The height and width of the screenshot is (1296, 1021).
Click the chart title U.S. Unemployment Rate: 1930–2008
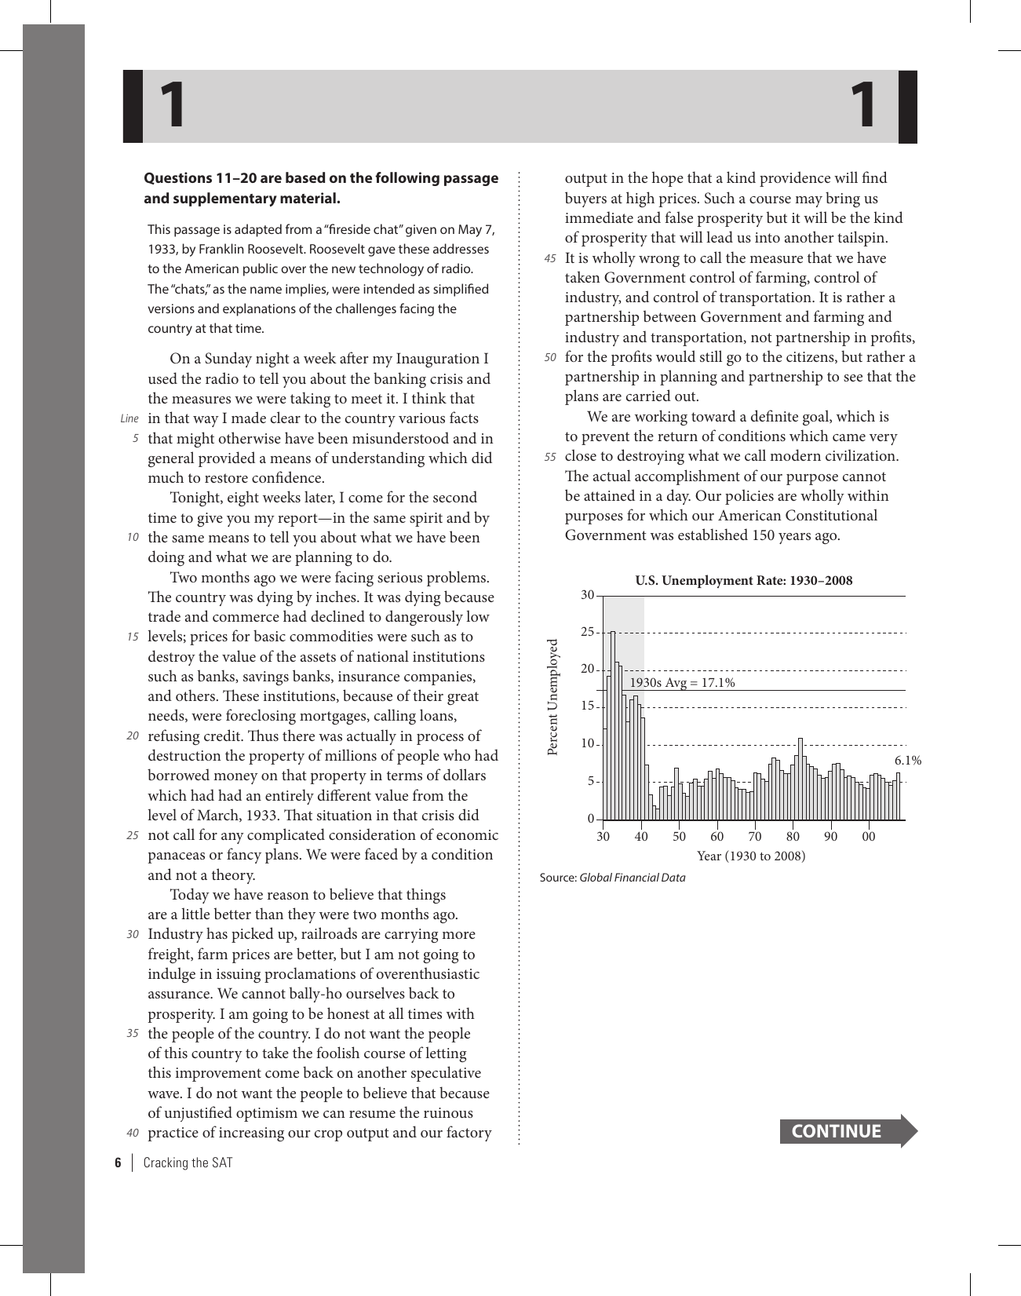pos(743,581)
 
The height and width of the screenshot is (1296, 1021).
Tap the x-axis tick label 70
pos(755,837)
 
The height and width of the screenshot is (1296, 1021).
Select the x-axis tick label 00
pos(868,837)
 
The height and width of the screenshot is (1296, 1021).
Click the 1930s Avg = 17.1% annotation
pos(682,683)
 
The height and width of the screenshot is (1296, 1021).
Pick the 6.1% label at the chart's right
pos(907,761)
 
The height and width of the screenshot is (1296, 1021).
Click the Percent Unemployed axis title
pos(552,697)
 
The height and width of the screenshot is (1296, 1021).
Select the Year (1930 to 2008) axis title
pos(751,856)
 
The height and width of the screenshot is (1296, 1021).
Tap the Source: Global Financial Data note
pos(612,878)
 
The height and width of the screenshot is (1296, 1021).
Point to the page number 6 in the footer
pos(118,1163)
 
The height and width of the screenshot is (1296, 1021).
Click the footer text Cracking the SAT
pos(188,1163)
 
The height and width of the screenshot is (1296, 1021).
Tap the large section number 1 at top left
pos(172,107)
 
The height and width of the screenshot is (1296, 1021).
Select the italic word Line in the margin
pos(129,419)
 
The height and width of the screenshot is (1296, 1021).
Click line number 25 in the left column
pos(133,836)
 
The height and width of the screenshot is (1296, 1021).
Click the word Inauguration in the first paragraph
pos(437,360)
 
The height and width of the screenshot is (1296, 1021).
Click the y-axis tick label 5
pos(591,782)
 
